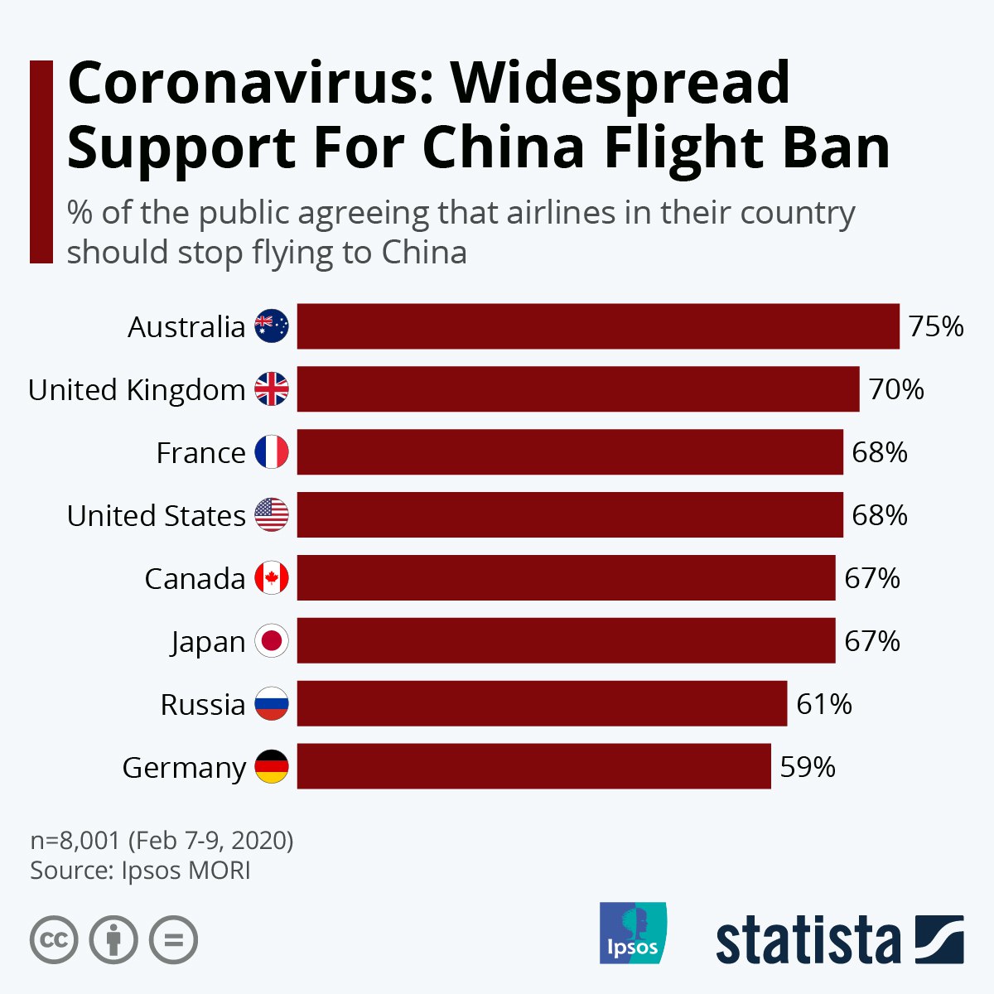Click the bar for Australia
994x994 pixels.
(x=598, y=326)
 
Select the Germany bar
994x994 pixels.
(x=533, y=766)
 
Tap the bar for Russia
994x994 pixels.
(x=542, y=703)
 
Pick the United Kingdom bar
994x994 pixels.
(x=578, y=389)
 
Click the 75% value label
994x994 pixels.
(x=936, y=326)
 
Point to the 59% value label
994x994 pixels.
(x=808, y=767)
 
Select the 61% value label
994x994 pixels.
(x=824, y=704)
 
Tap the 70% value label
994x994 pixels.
(x=896, y=389)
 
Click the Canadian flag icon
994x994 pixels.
(x=272, y=578)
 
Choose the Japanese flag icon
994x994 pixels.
(x=272, y=641)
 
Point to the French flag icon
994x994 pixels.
(x=272, y=452)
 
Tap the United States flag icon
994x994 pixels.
(x=272, y=515)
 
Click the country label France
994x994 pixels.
(x=200, y=453)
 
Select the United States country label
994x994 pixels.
(x=157, y=516)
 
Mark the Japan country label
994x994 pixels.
(x=208, y=643)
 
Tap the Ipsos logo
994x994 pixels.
(x=632, y=933)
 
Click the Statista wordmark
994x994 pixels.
(x=808, y=941)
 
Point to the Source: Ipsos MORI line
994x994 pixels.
(x=140, y=871)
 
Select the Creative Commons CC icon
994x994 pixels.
(x=54, y=940)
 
